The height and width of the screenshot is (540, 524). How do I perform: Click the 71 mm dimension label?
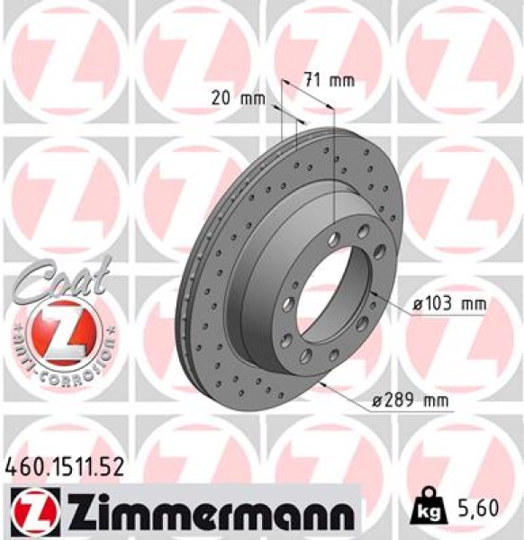329,80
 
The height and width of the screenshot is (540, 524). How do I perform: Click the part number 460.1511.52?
63,467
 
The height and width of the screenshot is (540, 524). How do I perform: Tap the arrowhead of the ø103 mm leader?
370,295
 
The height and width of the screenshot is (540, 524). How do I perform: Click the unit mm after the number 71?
341,80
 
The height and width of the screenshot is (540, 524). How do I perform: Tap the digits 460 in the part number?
23,467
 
